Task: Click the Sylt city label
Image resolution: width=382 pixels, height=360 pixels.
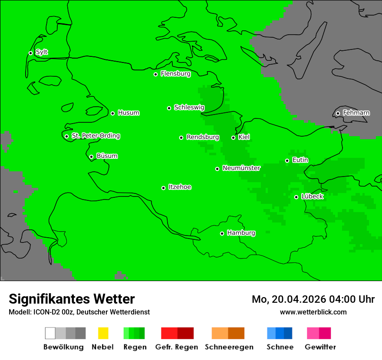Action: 42,52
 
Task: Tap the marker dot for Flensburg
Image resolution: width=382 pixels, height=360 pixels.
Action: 155,74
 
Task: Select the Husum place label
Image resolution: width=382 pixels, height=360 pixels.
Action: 128,113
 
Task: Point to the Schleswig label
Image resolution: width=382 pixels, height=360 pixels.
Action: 189,108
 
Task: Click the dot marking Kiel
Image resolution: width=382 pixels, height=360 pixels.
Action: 233,137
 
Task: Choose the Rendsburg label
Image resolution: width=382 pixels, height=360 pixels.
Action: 203,137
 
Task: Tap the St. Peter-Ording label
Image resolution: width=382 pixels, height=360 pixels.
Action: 95,136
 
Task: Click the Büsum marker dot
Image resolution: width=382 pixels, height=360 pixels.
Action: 91,157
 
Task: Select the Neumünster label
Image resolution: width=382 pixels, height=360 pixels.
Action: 241,168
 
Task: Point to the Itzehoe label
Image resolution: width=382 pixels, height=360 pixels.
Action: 180,187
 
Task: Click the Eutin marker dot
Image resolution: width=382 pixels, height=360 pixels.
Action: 287,160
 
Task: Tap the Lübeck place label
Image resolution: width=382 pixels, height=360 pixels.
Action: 312,197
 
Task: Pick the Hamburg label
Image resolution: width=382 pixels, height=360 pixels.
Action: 241,233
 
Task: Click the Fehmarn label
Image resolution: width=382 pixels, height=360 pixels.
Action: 356,113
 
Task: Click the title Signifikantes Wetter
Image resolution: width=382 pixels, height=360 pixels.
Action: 72,299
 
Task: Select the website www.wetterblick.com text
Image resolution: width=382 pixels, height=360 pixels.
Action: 313,312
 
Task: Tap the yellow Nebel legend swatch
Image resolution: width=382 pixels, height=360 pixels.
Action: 103,333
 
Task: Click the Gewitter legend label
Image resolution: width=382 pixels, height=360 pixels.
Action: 320,347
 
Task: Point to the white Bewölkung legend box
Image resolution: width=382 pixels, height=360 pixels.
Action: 50,333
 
